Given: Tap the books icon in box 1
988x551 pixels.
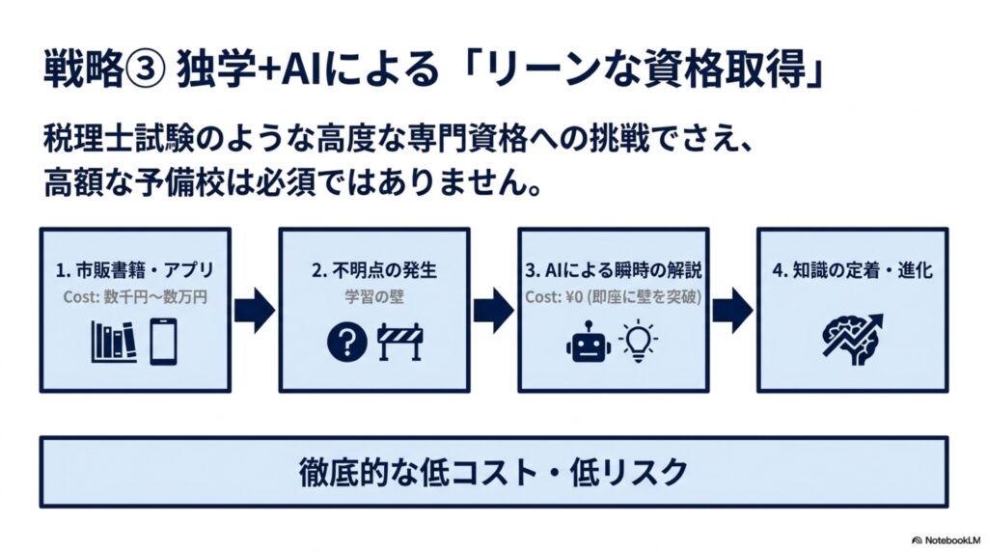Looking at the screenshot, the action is (114, 342).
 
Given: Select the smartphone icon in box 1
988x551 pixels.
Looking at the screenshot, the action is (163, 342).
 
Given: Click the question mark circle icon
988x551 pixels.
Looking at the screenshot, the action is (346, 343).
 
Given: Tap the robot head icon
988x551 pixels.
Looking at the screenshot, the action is (588, 342).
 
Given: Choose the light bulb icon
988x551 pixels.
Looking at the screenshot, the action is (639, 341).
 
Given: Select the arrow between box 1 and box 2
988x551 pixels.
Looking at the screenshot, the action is (255, 311).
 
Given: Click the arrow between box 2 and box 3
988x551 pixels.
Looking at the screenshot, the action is (493, 311).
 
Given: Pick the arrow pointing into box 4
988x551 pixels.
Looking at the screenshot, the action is (732, 311).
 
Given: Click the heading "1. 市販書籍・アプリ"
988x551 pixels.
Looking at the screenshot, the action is (135, 270).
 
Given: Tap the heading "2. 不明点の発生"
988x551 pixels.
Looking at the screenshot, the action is (374, 270).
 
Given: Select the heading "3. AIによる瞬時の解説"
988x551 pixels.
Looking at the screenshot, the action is (614, 270).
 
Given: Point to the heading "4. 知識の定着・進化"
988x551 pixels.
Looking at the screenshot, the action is (853, 270).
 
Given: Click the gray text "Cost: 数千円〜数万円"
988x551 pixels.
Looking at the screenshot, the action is (135, 297).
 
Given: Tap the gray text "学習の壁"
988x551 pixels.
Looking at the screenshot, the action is (374, 297).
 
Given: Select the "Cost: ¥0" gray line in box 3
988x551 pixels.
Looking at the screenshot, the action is (614, 297).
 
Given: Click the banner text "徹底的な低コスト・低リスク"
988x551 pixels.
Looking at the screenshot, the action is (493, 472).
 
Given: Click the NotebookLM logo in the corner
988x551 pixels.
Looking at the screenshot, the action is (947, 540).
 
